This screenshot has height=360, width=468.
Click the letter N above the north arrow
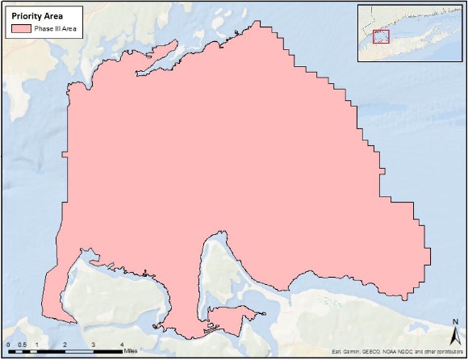455,323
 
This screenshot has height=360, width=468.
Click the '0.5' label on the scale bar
22,345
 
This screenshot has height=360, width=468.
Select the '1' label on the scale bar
36,345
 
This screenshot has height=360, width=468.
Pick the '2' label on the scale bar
65,345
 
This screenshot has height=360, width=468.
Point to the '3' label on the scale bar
93,345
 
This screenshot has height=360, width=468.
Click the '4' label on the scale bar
121,345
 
